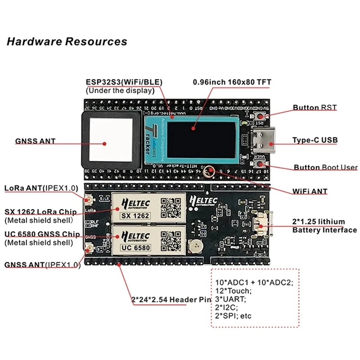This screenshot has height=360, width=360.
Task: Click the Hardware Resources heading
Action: tap(67, 42)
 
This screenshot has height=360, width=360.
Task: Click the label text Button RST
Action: tap(315, 108)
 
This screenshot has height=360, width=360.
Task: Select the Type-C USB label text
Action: tap(315, 140)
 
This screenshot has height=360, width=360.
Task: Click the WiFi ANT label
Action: tap(310, 191)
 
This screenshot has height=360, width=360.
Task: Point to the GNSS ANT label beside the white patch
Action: tap(36, 141)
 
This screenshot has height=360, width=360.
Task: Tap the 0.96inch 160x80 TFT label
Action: tap(232, 82)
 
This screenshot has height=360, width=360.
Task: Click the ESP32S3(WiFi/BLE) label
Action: tap(124, 82)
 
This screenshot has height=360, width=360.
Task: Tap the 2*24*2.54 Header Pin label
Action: tap(171, 299)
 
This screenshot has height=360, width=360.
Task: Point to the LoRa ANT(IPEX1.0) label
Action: tap(41, 188)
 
